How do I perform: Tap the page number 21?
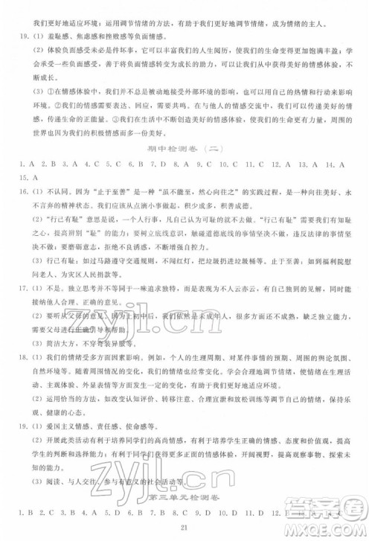tap(186, 528)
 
